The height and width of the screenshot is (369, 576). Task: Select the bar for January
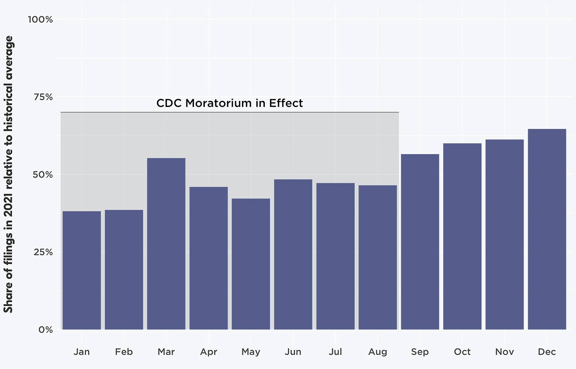(x=82, y=270)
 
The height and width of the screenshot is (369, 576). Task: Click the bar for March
(x=166, y=244)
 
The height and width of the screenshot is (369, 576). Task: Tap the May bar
(x=251, y=264)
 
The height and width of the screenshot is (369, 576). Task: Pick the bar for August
(x=378, y=257)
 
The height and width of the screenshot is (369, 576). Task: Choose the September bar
(x=420, y=242)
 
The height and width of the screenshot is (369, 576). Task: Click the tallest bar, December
(x=547, y=229)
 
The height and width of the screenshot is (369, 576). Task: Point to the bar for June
(x=293, y=254)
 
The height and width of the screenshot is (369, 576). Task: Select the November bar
(x=504, y=235)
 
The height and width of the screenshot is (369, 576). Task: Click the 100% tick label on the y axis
(x=40, y=19)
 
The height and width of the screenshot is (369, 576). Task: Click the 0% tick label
(x=46, y=330)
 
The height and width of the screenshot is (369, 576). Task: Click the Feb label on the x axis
(x=124, y=352)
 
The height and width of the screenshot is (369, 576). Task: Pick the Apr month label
(x=208, y=352)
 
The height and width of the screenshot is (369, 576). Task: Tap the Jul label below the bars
(x=335, y=352)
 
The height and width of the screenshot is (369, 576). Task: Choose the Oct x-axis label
(x=462, y=352)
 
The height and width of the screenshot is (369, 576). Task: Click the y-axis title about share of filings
(x=8, y=174)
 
